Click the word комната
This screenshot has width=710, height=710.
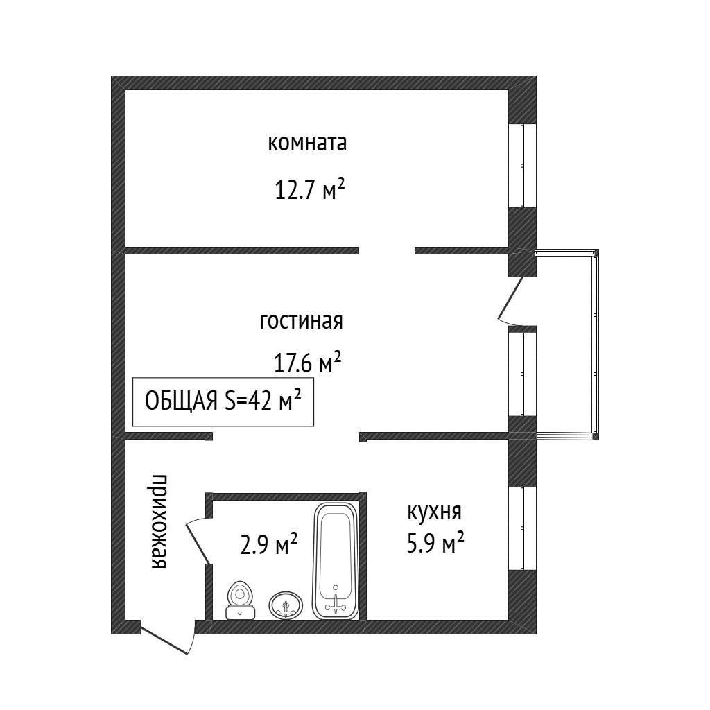(307, 143)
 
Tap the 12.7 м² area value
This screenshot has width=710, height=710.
(310, 189)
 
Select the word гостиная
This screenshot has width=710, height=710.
(301, 321)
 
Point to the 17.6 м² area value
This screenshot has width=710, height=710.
(307, 362)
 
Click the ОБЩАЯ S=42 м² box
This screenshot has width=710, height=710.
(223, 401)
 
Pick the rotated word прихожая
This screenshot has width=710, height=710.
(159, 521)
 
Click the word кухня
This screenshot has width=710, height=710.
(434, 512)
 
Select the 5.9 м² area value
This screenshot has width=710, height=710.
(435, 542)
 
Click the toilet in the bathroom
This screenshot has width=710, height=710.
(241, 600)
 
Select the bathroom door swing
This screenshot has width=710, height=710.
(198, 542)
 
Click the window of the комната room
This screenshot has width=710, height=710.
(522, 166)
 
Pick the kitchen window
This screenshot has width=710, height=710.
(522, 528)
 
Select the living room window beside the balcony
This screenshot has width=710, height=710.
(522, 374)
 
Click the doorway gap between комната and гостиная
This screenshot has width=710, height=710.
(387, 250)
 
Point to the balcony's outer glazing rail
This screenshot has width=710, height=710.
(596, 345)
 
